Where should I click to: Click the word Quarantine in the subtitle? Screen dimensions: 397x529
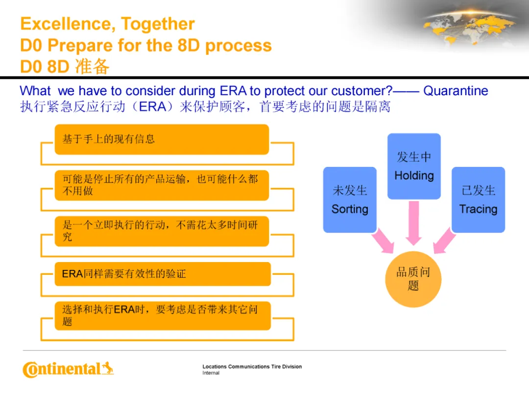pyautogui.click(x=456, y=91)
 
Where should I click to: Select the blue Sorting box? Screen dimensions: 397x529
pyautogui.click(x=350, y=200)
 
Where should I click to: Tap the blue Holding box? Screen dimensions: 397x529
pyautogui.click(x=414, y=166)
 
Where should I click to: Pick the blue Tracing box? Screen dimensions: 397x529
pyautogui.click(x=478, y=200)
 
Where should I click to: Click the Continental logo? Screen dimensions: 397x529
pyautogui.click(x=68, y=369)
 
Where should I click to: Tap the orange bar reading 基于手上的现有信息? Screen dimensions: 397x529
pyautogui.click(x=162, y=139)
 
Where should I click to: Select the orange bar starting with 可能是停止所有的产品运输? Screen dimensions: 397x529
pyautogui.click(x=162, y=185)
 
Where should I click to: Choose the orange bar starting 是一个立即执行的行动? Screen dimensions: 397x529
pyautogui.click(x=162, y=231)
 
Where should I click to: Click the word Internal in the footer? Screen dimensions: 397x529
pyautogui.click(x=211, y=373)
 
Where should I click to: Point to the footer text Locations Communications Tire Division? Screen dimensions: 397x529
pyautogui.click(x=252, y=367)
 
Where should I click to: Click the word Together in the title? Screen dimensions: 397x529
pyautogui.click(x=158, y=24)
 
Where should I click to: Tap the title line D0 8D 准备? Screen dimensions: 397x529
pyautogui.click(x=65, y=66)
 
